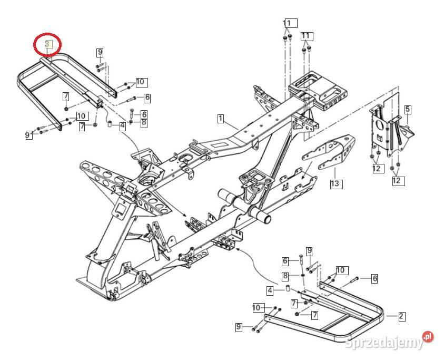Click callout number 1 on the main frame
coord(221,119)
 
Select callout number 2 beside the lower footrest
coord(401,316)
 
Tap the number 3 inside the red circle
coord(47,45)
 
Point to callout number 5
coord(408,109)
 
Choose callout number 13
coord(336,184)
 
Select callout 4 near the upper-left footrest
coord(122,126)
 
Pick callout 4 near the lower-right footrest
coord(270,290)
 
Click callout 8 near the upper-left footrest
coord(144,122)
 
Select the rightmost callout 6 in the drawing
coord(374,278)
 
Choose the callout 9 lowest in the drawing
coord(239,327)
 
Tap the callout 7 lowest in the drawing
coord(314,315)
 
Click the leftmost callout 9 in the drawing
coord(28,135)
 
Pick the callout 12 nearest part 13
coord(376,168)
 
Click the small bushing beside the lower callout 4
coord(289,288)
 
